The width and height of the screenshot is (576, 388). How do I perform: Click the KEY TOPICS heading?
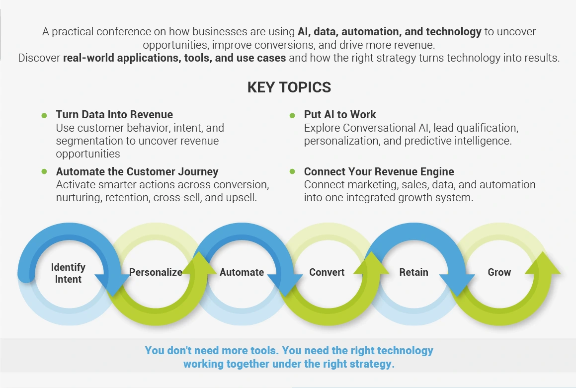[289, 87]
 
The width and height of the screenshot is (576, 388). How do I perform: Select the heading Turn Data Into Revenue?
[114, 115]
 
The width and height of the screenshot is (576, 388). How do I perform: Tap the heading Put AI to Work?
[340, 115]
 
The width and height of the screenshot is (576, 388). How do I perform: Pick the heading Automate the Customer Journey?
[137, 171]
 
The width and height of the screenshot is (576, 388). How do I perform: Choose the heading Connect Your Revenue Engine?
[379, 171]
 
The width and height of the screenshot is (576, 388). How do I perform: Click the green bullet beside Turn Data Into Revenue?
[44, 116]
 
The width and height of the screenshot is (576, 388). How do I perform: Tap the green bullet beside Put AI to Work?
[292, 116]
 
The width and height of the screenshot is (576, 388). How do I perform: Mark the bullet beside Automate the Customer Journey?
[44, 171]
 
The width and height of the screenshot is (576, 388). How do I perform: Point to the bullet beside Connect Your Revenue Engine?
[292, 171]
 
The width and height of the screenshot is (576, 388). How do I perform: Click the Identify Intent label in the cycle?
[68, 273]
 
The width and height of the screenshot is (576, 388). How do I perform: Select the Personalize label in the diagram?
[156, 272]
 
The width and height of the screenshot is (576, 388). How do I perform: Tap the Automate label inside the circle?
[242, 272]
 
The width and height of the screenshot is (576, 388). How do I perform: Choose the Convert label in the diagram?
[327, 272]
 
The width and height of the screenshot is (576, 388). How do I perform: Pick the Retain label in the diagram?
[413, 272]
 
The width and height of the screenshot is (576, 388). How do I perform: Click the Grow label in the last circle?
[499, 272]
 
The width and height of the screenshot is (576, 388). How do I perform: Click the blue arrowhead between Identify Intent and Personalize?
[112, 284]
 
